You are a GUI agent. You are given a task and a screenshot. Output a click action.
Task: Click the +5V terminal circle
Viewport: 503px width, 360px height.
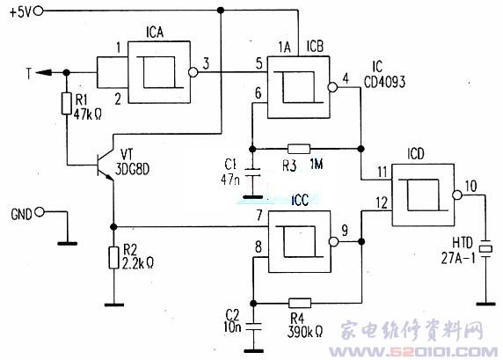tap(39, 11)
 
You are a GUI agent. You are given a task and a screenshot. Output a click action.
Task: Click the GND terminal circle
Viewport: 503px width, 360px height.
tap(40, 212)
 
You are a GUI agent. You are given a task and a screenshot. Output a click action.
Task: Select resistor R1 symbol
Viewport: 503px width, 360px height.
tap(67, 103)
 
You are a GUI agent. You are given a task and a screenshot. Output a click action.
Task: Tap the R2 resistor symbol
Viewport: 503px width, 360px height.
tap(113, 258)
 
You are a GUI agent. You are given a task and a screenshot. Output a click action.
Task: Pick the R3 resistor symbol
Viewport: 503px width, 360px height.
tap(299, 149)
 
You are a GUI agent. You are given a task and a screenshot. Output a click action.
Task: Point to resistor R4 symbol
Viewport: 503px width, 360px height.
tap(300, 303)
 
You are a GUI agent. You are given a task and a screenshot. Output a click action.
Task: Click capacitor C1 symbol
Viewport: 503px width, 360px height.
tap(253, 173)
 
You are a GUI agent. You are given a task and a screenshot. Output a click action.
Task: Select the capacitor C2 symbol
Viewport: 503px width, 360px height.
tap(253, 327)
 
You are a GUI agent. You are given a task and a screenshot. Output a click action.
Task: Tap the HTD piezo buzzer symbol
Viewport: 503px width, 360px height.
tap(485, 248)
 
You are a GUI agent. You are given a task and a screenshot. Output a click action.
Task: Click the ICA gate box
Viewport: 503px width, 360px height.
tap(159, 72)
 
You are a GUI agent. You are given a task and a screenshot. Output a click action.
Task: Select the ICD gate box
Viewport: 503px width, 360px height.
tap(423, 195)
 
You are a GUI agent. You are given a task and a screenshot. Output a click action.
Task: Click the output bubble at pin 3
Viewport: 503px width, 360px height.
tap(193, 72)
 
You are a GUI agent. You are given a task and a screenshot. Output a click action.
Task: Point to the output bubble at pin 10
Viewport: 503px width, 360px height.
tap(457, 195)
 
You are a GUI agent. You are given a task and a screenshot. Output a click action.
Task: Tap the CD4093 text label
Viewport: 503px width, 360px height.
tap(384, 82)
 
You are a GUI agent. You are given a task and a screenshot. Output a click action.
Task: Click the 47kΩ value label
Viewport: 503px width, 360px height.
tap(88, 114)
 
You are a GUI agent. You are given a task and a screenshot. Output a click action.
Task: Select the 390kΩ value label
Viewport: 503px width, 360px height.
tap(305, 332)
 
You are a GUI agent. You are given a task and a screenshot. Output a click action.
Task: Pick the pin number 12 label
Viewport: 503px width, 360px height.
tap(382, 202)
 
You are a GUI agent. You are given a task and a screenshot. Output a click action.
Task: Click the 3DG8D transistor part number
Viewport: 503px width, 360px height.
tap(132, 169)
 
